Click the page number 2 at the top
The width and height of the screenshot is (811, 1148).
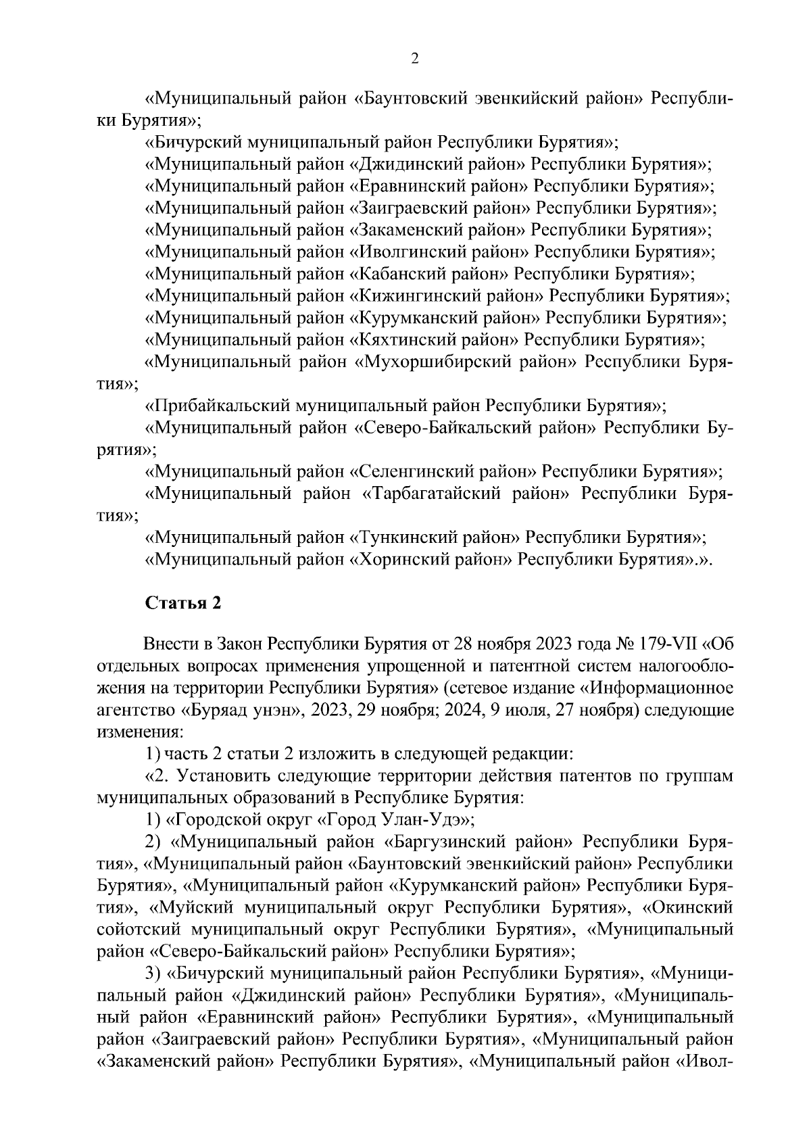click(415, 59)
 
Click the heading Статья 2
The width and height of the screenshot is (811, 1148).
click(183, 603)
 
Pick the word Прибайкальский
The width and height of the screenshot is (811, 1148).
click(219, 406)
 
